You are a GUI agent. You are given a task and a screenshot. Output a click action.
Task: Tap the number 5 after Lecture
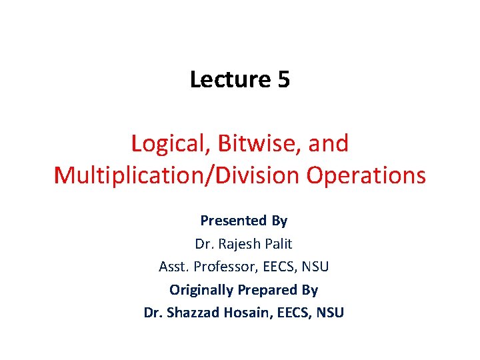pos(283,79)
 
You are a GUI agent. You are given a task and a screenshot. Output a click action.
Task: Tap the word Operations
pos(366,175)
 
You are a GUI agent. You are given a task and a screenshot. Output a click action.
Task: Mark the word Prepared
pos(267,290)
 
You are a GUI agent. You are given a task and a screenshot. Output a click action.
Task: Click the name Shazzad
pos(195,313)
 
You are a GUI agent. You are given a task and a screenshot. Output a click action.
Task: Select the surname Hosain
pos(251,313)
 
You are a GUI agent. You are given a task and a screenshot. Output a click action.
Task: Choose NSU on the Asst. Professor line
pos(315,267)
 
